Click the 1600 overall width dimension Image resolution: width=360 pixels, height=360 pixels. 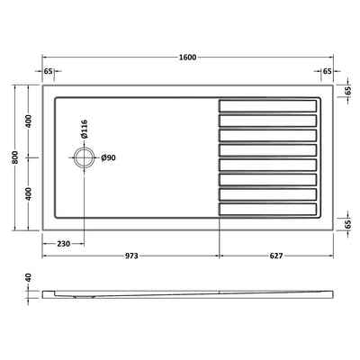pos(187,58)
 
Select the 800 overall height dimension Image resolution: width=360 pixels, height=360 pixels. pos(15,157)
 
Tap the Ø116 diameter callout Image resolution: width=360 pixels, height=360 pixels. pos(85,129)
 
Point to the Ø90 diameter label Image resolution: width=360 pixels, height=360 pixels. pos(108,157)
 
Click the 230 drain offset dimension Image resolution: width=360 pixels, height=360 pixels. pos(63,244)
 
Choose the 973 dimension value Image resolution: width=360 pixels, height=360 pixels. pos(131,256)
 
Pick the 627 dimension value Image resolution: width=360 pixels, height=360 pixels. pos(276,256)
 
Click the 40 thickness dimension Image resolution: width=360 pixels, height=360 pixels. pos(29,277)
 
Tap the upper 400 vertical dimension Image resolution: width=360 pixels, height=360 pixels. pos(29,121)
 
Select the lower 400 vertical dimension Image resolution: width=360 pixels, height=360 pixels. pos(29,193)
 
